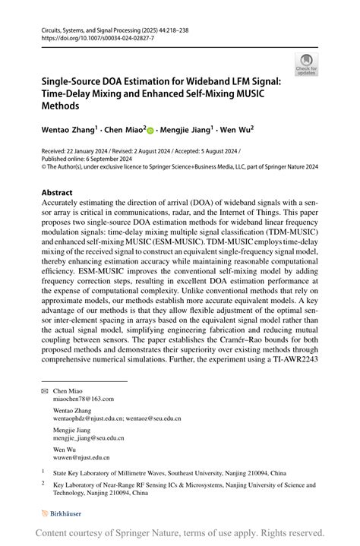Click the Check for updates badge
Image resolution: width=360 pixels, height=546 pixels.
coord(308,65)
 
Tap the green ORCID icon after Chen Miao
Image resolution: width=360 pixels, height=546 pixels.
coord(150,130)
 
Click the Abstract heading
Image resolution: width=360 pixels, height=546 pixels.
coord(57,193)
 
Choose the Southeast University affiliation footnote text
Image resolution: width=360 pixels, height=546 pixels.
coord(182,472)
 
